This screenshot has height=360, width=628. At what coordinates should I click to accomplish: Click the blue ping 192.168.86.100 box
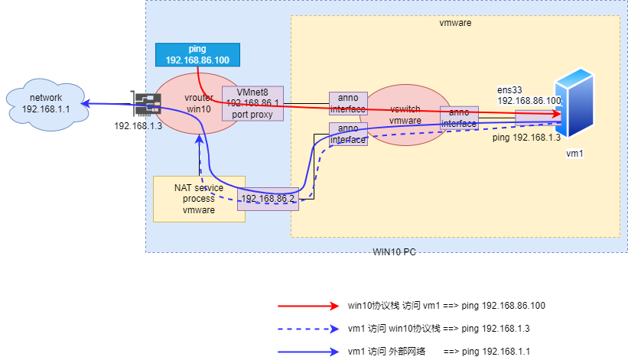pos(197,54)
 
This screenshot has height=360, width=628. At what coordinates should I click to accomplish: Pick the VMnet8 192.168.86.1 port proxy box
pos(252,103)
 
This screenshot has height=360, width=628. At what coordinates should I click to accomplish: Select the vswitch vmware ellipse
pos(405,115)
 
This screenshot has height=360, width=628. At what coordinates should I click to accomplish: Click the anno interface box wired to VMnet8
pos(348,103)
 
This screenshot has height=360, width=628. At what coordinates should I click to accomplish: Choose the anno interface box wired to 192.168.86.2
pos(348,134)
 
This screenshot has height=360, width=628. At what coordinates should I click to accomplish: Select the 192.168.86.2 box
pos(267,198)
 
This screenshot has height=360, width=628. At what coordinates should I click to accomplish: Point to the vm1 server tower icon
pos(575,102)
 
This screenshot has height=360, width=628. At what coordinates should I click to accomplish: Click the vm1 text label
pos(575,154)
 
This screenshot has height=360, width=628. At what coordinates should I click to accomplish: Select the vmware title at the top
pos(455,23)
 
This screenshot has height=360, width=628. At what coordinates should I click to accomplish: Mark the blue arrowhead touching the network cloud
pos(86,103)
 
